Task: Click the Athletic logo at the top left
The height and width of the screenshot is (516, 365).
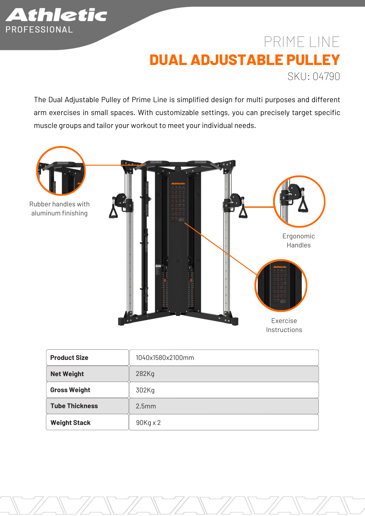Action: (56, 15)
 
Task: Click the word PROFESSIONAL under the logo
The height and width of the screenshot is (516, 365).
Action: (39, 30)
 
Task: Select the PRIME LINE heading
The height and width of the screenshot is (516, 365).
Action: (301, 42)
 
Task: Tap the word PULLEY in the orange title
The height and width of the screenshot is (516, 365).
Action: (313, 60)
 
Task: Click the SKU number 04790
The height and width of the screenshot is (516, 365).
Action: (326, 76)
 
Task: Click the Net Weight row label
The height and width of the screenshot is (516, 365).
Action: (67, 374)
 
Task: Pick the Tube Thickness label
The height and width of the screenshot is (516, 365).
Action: (74, 406)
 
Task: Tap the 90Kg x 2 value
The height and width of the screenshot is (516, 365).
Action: (148, 423)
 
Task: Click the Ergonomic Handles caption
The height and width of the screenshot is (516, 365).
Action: (299, 240)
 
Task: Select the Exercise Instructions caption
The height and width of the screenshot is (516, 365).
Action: (284, 325)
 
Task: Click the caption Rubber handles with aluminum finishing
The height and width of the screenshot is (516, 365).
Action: (59, 208)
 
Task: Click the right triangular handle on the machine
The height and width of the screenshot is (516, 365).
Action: (243, 212)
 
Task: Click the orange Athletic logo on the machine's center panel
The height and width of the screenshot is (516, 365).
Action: (178, 184)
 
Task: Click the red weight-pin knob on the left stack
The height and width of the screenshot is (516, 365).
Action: (165, 280)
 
